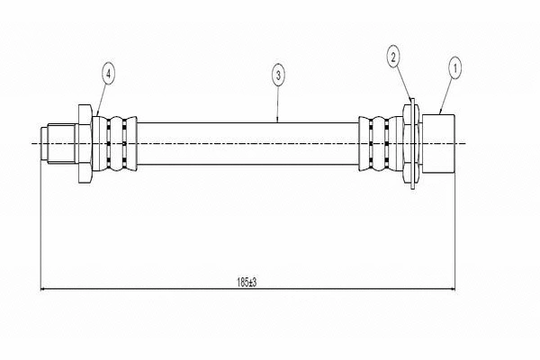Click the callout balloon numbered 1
click(455, 66)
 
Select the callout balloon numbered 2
click(393, 58)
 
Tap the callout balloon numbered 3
click(278, 76)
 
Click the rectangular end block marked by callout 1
click(440, 143)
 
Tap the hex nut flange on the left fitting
click(85, 144)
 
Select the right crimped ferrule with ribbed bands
click(376, 144)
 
